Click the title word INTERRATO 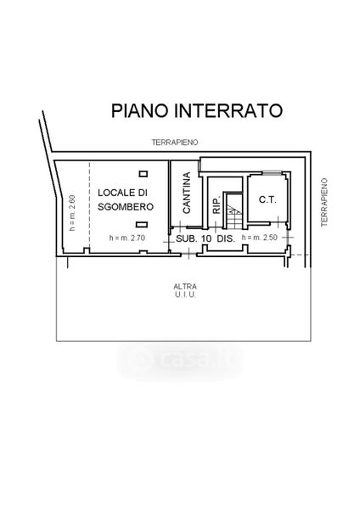point(228,110)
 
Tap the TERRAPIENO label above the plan point(175,143)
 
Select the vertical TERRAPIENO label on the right point(324,202)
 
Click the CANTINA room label point(187,193)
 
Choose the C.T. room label point(267,200)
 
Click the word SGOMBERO point(126,207)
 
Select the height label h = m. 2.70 point(127,238)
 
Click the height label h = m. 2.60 point(72,213)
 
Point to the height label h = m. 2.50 point(260,238)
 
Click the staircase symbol point(234,211)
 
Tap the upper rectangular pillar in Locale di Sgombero point(143,174)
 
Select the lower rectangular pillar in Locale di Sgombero point(142,224)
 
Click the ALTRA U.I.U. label point(185,290)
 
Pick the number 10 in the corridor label point(206,238)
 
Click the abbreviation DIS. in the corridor point(226,238)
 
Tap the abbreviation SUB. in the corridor point(187,238)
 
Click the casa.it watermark point(181,361)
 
